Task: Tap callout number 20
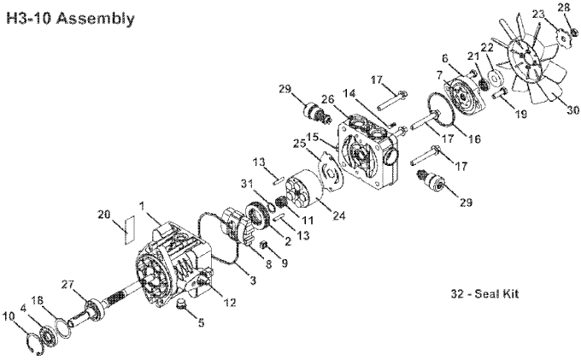coord(104,215)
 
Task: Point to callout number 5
coord(201,323)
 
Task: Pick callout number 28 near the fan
coord(562,8)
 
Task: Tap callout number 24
coord(339,215)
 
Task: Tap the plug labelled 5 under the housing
coord(182,304)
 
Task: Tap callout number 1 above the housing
coord(142,205)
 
